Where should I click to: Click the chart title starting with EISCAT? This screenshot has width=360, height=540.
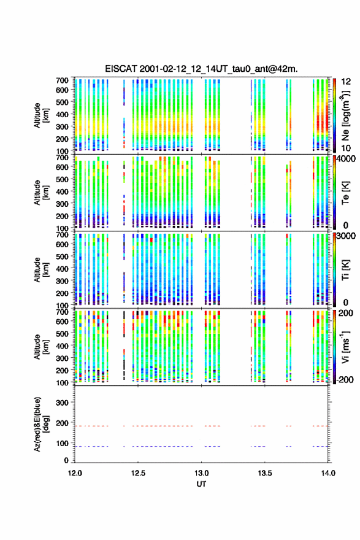pyautogui.click(x=201, y=69)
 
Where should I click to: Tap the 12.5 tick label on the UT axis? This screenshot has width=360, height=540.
pyautogui.click(x=138, y=473)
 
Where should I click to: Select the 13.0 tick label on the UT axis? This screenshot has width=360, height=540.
pyautogui.click(x=201, y=473)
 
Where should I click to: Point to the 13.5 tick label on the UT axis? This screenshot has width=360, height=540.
pyautogui.click(x=265, y=473)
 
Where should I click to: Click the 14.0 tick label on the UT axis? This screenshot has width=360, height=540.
pyautogui.click(x=328, y=473)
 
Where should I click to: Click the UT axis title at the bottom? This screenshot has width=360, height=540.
pyautogui.click(x=201, y=484)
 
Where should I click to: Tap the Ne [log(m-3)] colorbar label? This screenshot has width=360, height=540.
pyautogui.click(x=345, y=115)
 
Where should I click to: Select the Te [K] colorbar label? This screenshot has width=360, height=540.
pyautogui.click(x=345, y=193)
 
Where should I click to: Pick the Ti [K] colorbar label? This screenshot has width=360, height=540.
pyautogui.click(x=345, y=270)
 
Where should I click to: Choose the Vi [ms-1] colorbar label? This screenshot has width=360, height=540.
pyautogui.click(x=345, y=347)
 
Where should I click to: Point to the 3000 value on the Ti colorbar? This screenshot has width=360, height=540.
pyautogui.click(x=347, y=236)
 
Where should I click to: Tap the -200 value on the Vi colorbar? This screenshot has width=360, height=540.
pyautogui.click(x=344, y=379)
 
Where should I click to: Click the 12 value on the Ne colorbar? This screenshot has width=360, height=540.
pyautogui.click(x=347, y=82)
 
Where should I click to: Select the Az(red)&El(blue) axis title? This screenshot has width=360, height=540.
pyautogui.click(x=41, y=424)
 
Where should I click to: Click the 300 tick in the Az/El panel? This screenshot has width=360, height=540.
pyautogui.click(x=63, y=403)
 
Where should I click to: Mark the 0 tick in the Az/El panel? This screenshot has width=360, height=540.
pyautogui.click(x=66, y=460)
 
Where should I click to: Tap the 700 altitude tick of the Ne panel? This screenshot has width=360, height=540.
pyautogui.click(x=63, y=80)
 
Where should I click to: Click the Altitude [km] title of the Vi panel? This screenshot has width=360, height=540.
pyautogui.click(x=41, y=347)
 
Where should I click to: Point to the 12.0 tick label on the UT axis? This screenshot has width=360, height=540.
pyautogui.click(x=75, y=473)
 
